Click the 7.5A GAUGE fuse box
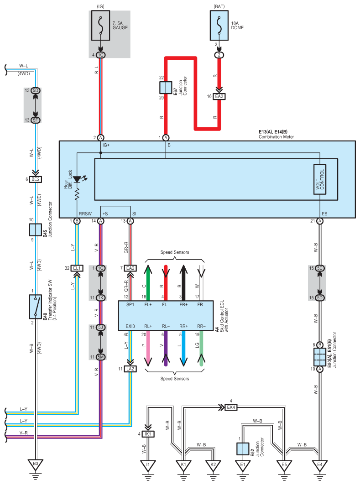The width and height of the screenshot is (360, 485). (100, 26)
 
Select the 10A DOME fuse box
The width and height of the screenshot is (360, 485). (219, 26)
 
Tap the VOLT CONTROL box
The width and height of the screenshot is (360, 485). (320, 179)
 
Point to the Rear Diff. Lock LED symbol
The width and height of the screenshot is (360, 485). (77, 179)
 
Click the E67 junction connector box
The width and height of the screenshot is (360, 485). (166, 88)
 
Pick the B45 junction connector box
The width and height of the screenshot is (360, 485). (36, 230)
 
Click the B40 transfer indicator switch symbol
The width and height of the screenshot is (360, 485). (36, 307)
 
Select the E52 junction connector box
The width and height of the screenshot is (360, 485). (243, 449)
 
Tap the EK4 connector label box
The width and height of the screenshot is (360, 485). (231, 407)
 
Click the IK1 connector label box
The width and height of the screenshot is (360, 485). (148, 434)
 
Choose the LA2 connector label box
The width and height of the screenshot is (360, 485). (130, 369)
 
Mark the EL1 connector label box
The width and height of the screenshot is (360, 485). (77, 268)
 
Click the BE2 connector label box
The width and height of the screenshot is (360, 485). (36, 179)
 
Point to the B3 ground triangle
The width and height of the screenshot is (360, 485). (36, 464)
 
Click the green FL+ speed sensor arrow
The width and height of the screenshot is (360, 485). (148, 283)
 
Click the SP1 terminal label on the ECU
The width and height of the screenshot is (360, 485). (130, 305)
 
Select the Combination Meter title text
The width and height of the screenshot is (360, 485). (276, 137)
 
